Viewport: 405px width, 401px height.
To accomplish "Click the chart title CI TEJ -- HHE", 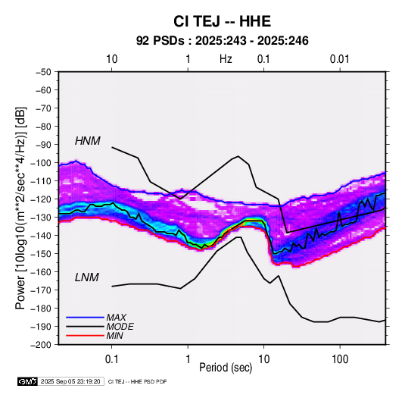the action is point(222,21).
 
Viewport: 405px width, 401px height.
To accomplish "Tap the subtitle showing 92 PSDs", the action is point(222,41).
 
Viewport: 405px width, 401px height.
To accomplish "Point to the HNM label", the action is point(88,141).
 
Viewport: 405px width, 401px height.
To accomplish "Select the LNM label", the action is point(87,277).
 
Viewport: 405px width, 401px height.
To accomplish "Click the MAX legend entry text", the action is point(117,317).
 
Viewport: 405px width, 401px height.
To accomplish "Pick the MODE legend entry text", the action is point(120,327).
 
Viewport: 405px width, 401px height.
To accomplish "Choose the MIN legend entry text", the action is point(114,336).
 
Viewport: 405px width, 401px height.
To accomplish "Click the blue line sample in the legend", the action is point(85,317).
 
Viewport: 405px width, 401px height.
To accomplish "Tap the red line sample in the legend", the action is point(85,336).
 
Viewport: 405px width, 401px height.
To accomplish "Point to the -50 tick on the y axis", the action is point(44,72).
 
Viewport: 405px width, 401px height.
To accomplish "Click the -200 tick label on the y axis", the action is point(42,345).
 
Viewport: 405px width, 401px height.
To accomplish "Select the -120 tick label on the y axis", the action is point(42,199).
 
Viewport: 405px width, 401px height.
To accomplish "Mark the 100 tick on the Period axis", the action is point(340,359).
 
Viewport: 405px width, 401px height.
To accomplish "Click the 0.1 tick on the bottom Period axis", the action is point(111,359).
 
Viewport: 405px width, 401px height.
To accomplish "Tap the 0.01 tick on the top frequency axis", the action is point(339,59).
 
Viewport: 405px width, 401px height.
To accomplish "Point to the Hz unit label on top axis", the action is point(226,59).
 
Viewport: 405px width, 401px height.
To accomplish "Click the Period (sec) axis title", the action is point(226,368).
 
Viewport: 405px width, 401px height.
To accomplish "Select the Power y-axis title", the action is point(20,208).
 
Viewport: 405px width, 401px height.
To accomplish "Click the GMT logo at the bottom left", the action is point(27,381).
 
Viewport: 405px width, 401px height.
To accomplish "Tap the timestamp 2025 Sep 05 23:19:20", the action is point(70,381).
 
